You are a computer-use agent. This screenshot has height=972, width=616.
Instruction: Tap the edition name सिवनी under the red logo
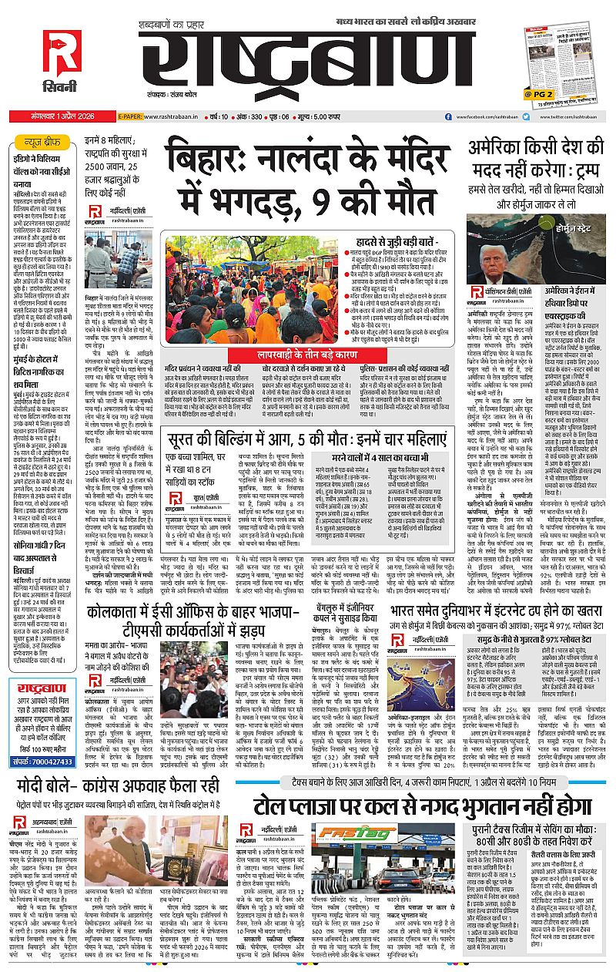pos(62,93)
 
